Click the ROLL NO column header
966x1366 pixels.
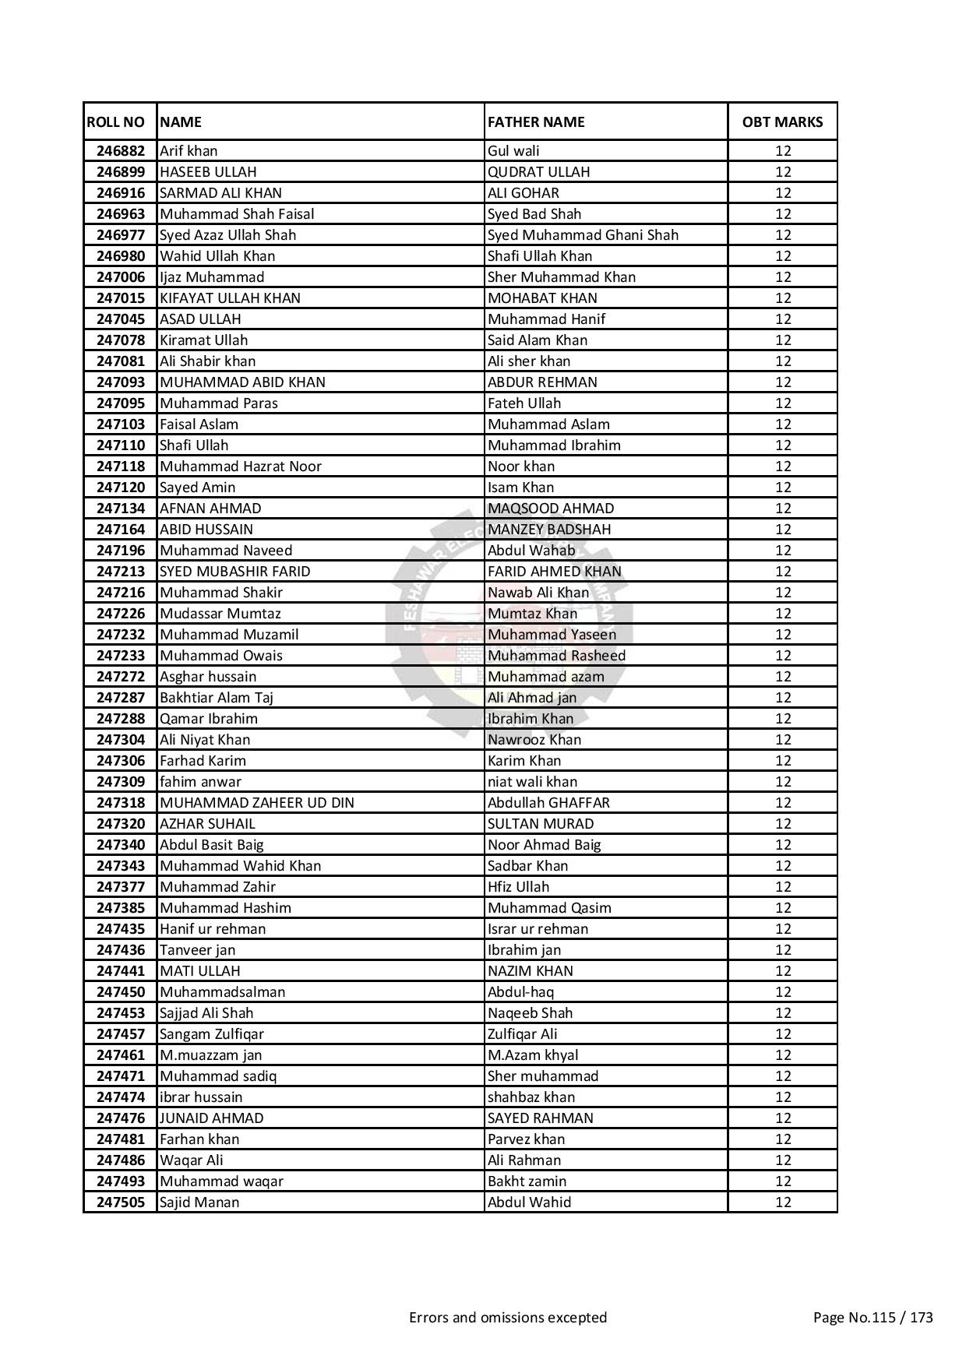pyautogui.click(x=116, y=121)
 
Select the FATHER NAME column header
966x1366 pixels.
pyautogui.click(x=536, y=121)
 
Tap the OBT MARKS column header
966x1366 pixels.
pyautogui.click(x=782, y=121)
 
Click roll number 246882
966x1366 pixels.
pyautogui.click(x=121, y=151)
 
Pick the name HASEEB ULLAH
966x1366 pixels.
pyautogui.click(x=208, y=172)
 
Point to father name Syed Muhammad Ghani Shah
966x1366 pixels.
pyautogui.click(x=583, y=235)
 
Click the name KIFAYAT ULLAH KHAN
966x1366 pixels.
pyautogui.click(x=230, y=298)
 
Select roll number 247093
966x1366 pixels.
pyautogui.click(x=121, y=382)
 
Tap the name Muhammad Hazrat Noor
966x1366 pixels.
pyautogui.click(x=241, y=466)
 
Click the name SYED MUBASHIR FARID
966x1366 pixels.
pyautogui.click(x=235, y=572)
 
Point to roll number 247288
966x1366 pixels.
pyautogui.click(x=121, y=719)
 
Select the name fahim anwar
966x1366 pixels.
pyautogui.click(x=201, y=782)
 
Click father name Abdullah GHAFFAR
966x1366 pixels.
pyautogui.click(x=548, y=803)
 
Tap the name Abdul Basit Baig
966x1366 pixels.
pyautogui.click(x=212, y=845)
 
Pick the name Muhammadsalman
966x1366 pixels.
pyautogui.click(x=223, y=992)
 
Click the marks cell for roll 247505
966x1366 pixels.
pyautogui.click(x=782, y=1202)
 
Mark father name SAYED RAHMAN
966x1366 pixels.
pyautogui.click(x=541, y=1118)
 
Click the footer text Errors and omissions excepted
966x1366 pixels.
pyautogui.click(x=508, y=1318)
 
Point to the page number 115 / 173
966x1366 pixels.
pyautogui.click(x=873, y=1318)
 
